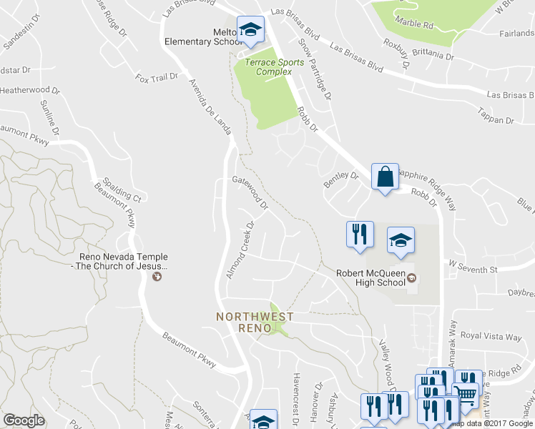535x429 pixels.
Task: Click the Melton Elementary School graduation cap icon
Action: click(x=250, y=30)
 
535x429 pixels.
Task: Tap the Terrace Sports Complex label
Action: click(x=268, y=66)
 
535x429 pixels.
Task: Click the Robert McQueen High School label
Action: click(x=371, y=277)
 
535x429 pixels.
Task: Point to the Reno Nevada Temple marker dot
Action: click(x=157, y=278)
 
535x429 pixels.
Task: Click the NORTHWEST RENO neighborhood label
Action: click(x=246, y=322)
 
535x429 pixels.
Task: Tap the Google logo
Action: click(x=24, y=420)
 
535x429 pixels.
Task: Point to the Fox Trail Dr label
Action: click(x=156, y=77)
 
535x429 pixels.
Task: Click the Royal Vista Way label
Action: click(x=491, y=336)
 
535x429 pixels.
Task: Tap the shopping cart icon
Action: click(x=466, y=394)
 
